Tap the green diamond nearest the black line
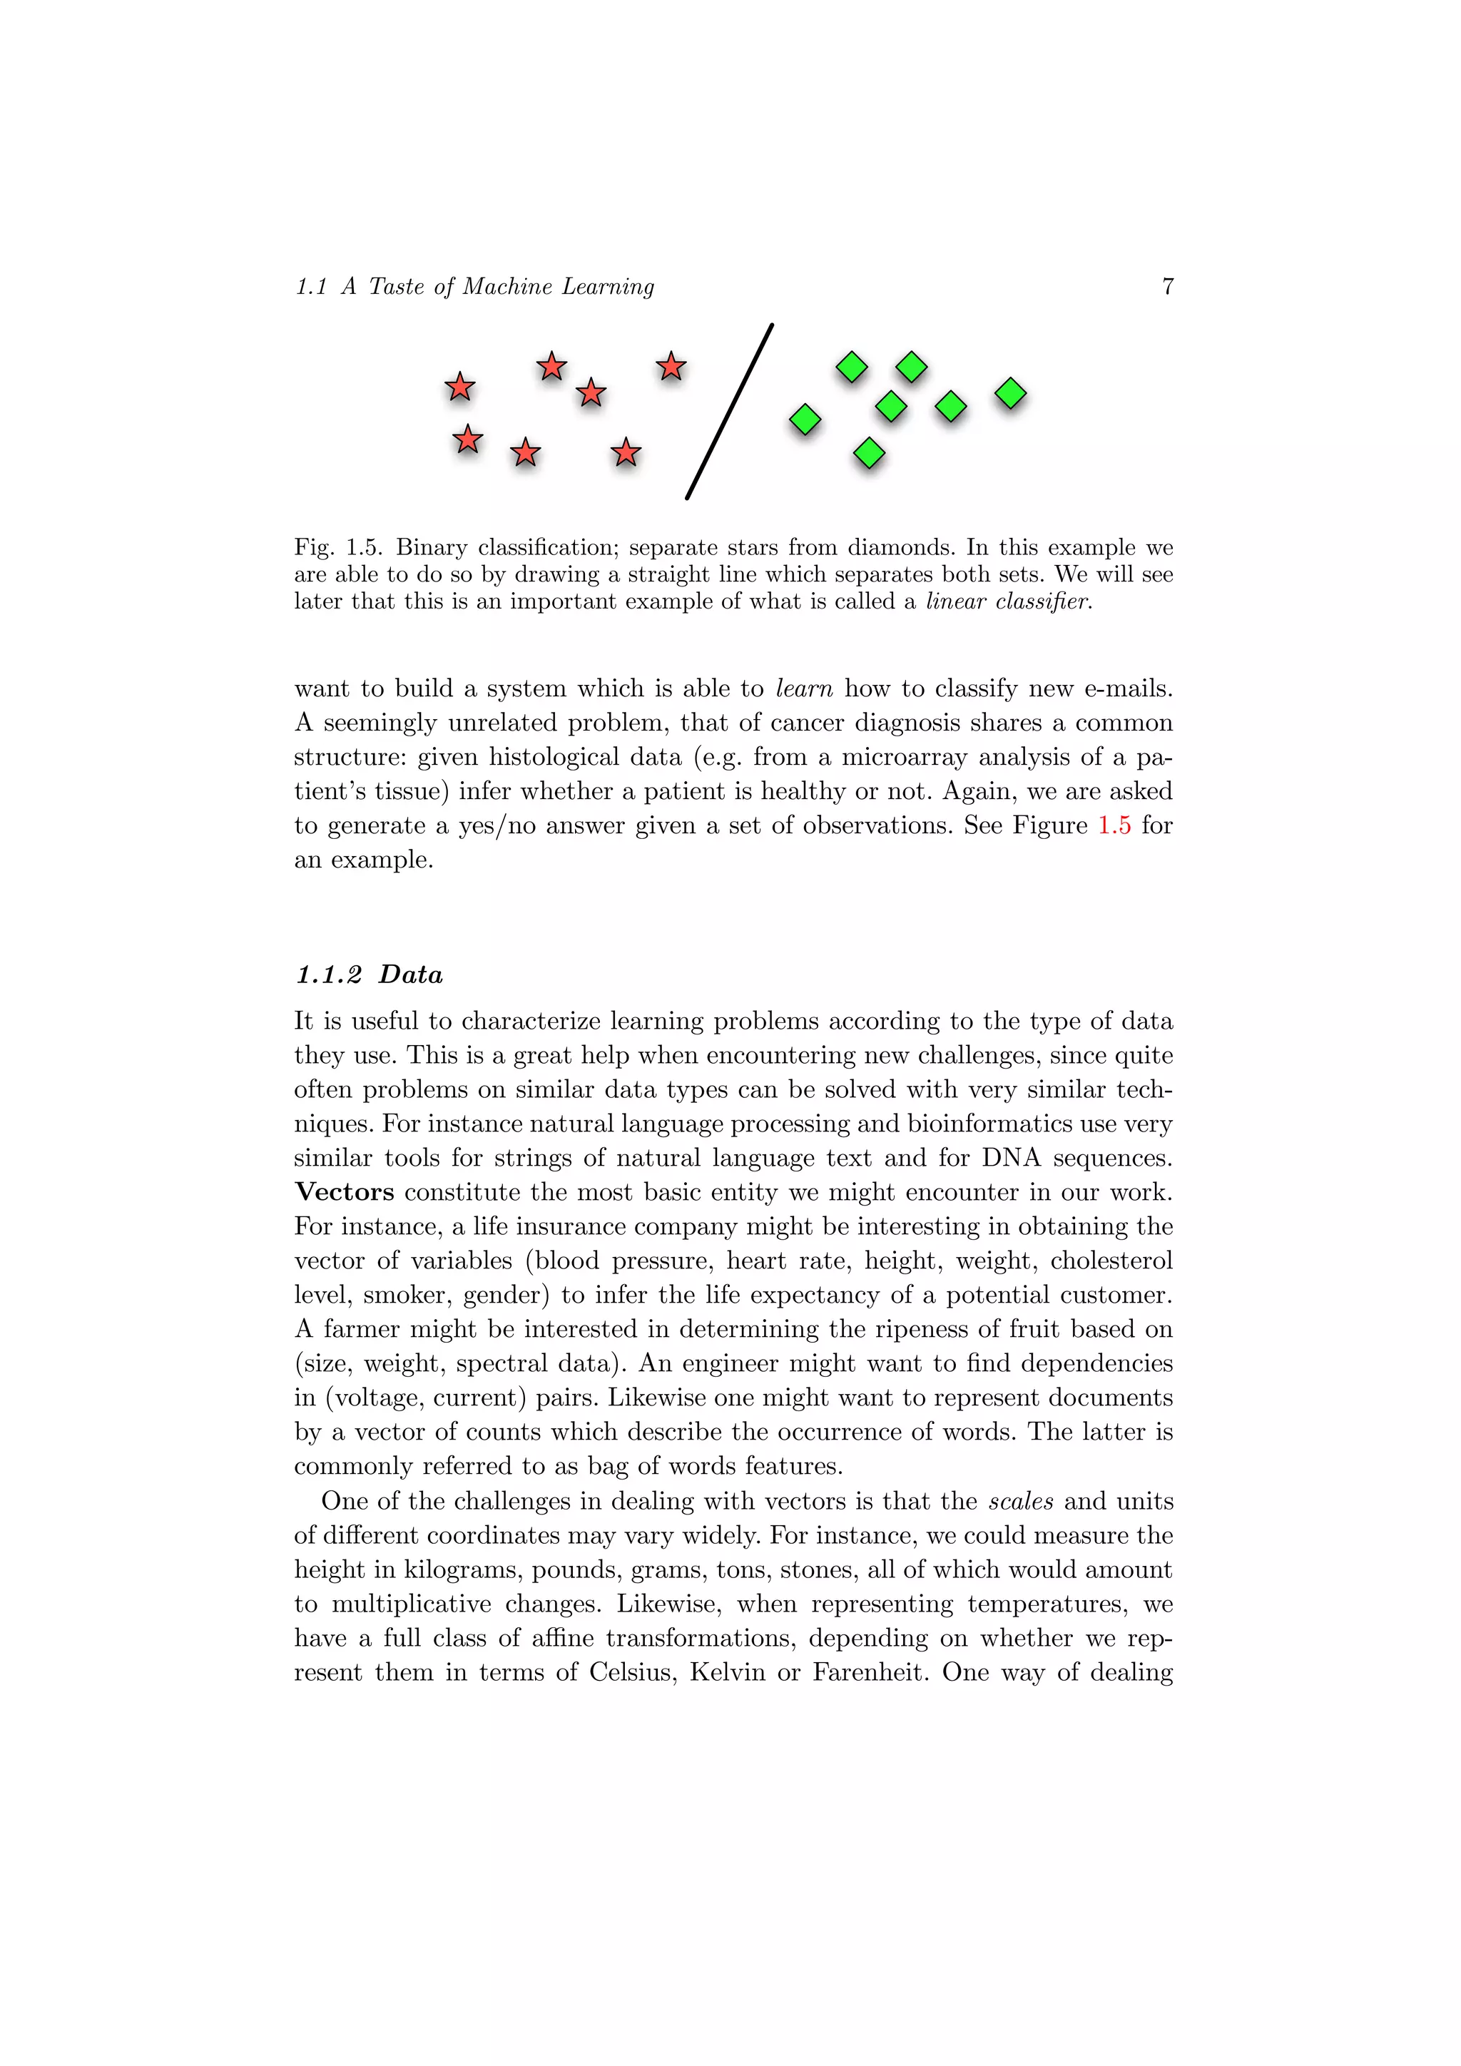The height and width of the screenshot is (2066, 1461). point(805,419)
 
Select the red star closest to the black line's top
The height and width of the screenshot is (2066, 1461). point(671,366)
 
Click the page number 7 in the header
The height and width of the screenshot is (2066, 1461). point(1167,286)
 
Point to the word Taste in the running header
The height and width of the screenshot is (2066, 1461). point(396,286)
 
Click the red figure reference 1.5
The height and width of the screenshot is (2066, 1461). point(1114,825)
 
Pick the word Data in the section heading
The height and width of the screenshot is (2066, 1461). point(410,975)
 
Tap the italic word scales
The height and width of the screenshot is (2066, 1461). point(1020,1501)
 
